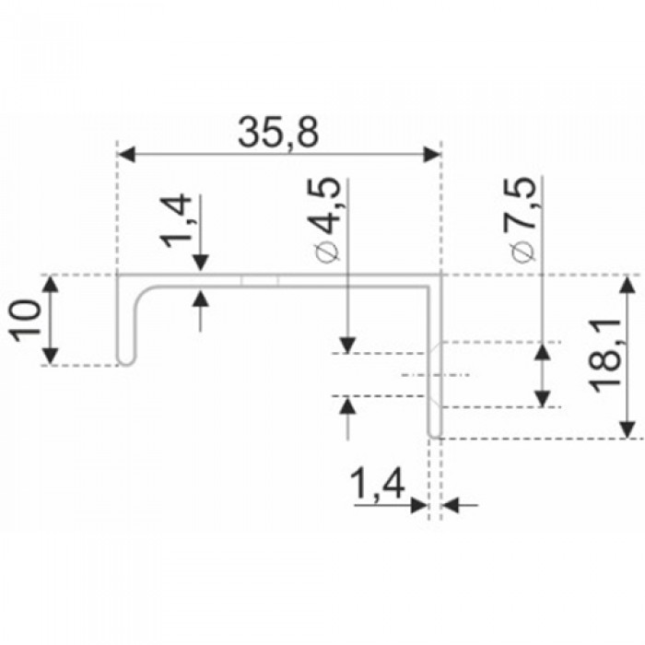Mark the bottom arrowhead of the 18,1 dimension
click(627, 428)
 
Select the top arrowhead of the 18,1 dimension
click(627, 285)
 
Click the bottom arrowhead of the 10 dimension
click(53, 355)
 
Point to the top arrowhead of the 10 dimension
click(53, 285)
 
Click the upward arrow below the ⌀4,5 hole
click(347, 406)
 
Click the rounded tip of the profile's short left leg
click(127, 362)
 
